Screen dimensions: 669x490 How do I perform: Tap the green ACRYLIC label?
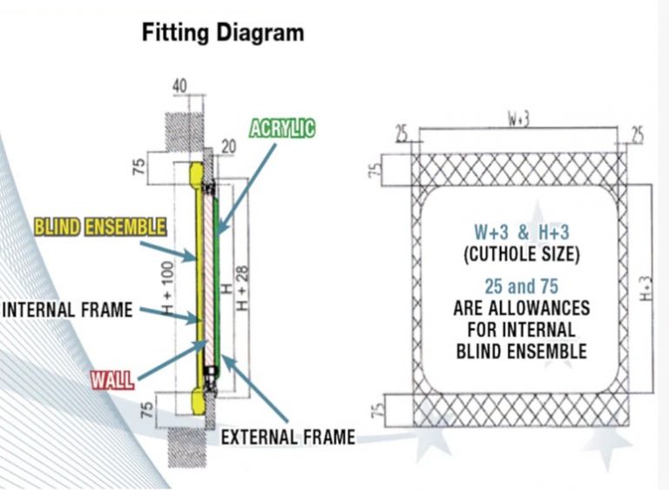282,128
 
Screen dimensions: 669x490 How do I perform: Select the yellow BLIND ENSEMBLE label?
100,227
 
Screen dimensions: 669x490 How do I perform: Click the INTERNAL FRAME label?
67,310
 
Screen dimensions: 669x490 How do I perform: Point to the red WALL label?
112,380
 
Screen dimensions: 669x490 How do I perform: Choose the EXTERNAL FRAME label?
288,437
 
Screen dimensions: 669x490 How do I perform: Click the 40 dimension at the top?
179,85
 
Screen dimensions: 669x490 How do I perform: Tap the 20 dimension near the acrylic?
229,147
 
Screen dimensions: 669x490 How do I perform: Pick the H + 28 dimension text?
242,288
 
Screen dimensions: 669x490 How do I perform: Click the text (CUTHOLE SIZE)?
522,254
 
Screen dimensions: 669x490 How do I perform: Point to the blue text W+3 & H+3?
522,232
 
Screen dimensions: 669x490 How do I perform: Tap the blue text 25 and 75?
522,286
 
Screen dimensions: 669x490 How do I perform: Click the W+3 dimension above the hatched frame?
518,119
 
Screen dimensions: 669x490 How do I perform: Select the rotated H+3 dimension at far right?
647,288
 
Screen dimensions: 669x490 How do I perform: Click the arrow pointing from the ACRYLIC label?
246,190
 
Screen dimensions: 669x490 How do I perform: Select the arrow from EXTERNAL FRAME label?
254,389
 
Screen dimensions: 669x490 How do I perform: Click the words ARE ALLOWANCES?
522,308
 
